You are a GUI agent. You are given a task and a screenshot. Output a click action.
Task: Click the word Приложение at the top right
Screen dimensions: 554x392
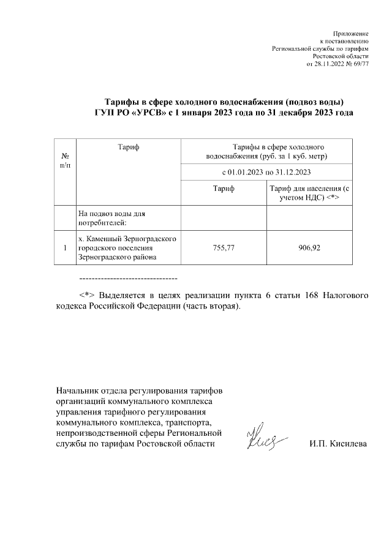tap(350, 32)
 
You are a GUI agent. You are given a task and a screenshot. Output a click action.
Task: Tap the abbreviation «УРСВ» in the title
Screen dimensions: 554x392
tap(145, 113)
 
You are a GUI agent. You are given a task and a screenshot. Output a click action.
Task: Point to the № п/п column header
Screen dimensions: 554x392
tap(65, 160)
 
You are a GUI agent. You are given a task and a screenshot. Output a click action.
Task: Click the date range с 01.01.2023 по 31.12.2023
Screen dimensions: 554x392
tap(266, 172)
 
